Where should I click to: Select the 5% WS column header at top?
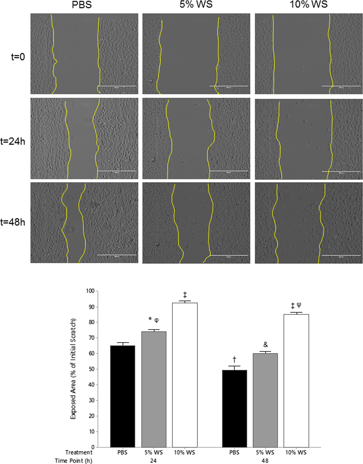pyautogui.click(x=196, y=5)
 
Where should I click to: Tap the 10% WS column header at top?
pyautogui.click(x=309, y=5)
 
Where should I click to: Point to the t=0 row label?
pyautogui.click(x=17, y=57)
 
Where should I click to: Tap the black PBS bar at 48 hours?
pyautogui.click(x=234, y=408)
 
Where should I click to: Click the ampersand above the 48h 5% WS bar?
pyautogui.click(x=265, y=344)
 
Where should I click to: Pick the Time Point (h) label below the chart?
pyautogui.click(x=74, y=460)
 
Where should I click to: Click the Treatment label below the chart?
pyautogui.click(x=79, y=452)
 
